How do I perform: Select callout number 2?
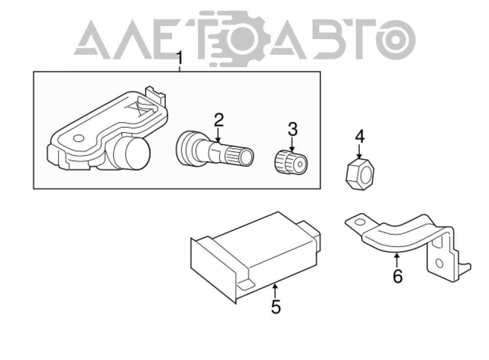point(219,120)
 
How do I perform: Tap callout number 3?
point(292,130)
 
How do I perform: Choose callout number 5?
point(276,306)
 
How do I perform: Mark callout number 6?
point(397,276)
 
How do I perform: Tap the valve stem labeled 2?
point(215,150)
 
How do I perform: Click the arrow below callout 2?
point(218,135)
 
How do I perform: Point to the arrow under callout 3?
point(292,144)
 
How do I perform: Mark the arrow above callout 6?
point(397,261)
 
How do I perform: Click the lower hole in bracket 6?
point(439,264)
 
